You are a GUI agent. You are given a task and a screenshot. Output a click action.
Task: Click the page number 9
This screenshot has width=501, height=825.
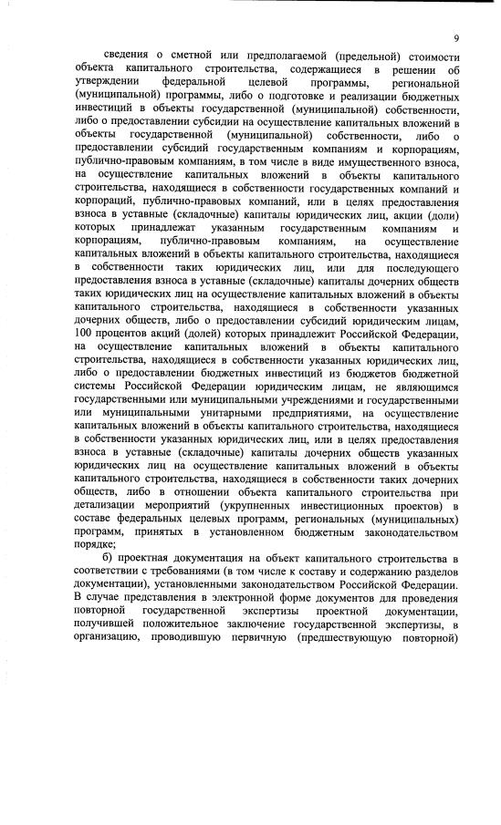tap(454, 38)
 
